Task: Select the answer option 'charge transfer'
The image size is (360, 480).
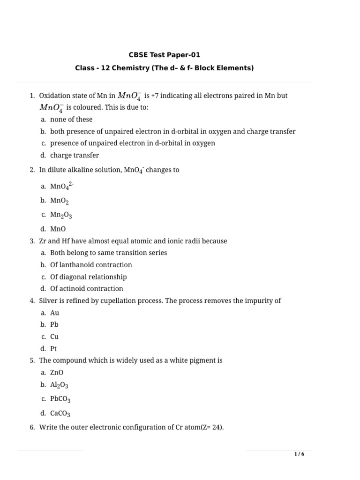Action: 75,155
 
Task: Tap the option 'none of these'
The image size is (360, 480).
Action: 71,120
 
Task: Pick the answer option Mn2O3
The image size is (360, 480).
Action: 61,215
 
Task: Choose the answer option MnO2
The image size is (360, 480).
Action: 60,201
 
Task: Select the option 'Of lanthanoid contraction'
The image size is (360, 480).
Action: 91,265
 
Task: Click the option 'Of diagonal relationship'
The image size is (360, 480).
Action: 88,277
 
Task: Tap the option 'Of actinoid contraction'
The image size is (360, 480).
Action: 87,289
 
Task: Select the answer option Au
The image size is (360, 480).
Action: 55,313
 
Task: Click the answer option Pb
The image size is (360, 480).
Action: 54,324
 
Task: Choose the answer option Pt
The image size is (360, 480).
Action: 53,349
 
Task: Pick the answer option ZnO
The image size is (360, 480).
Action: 57,373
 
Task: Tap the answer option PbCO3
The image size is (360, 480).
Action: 60,399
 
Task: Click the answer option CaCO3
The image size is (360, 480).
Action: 60,413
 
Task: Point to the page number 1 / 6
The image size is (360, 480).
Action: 299,454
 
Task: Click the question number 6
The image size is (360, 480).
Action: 32,427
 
